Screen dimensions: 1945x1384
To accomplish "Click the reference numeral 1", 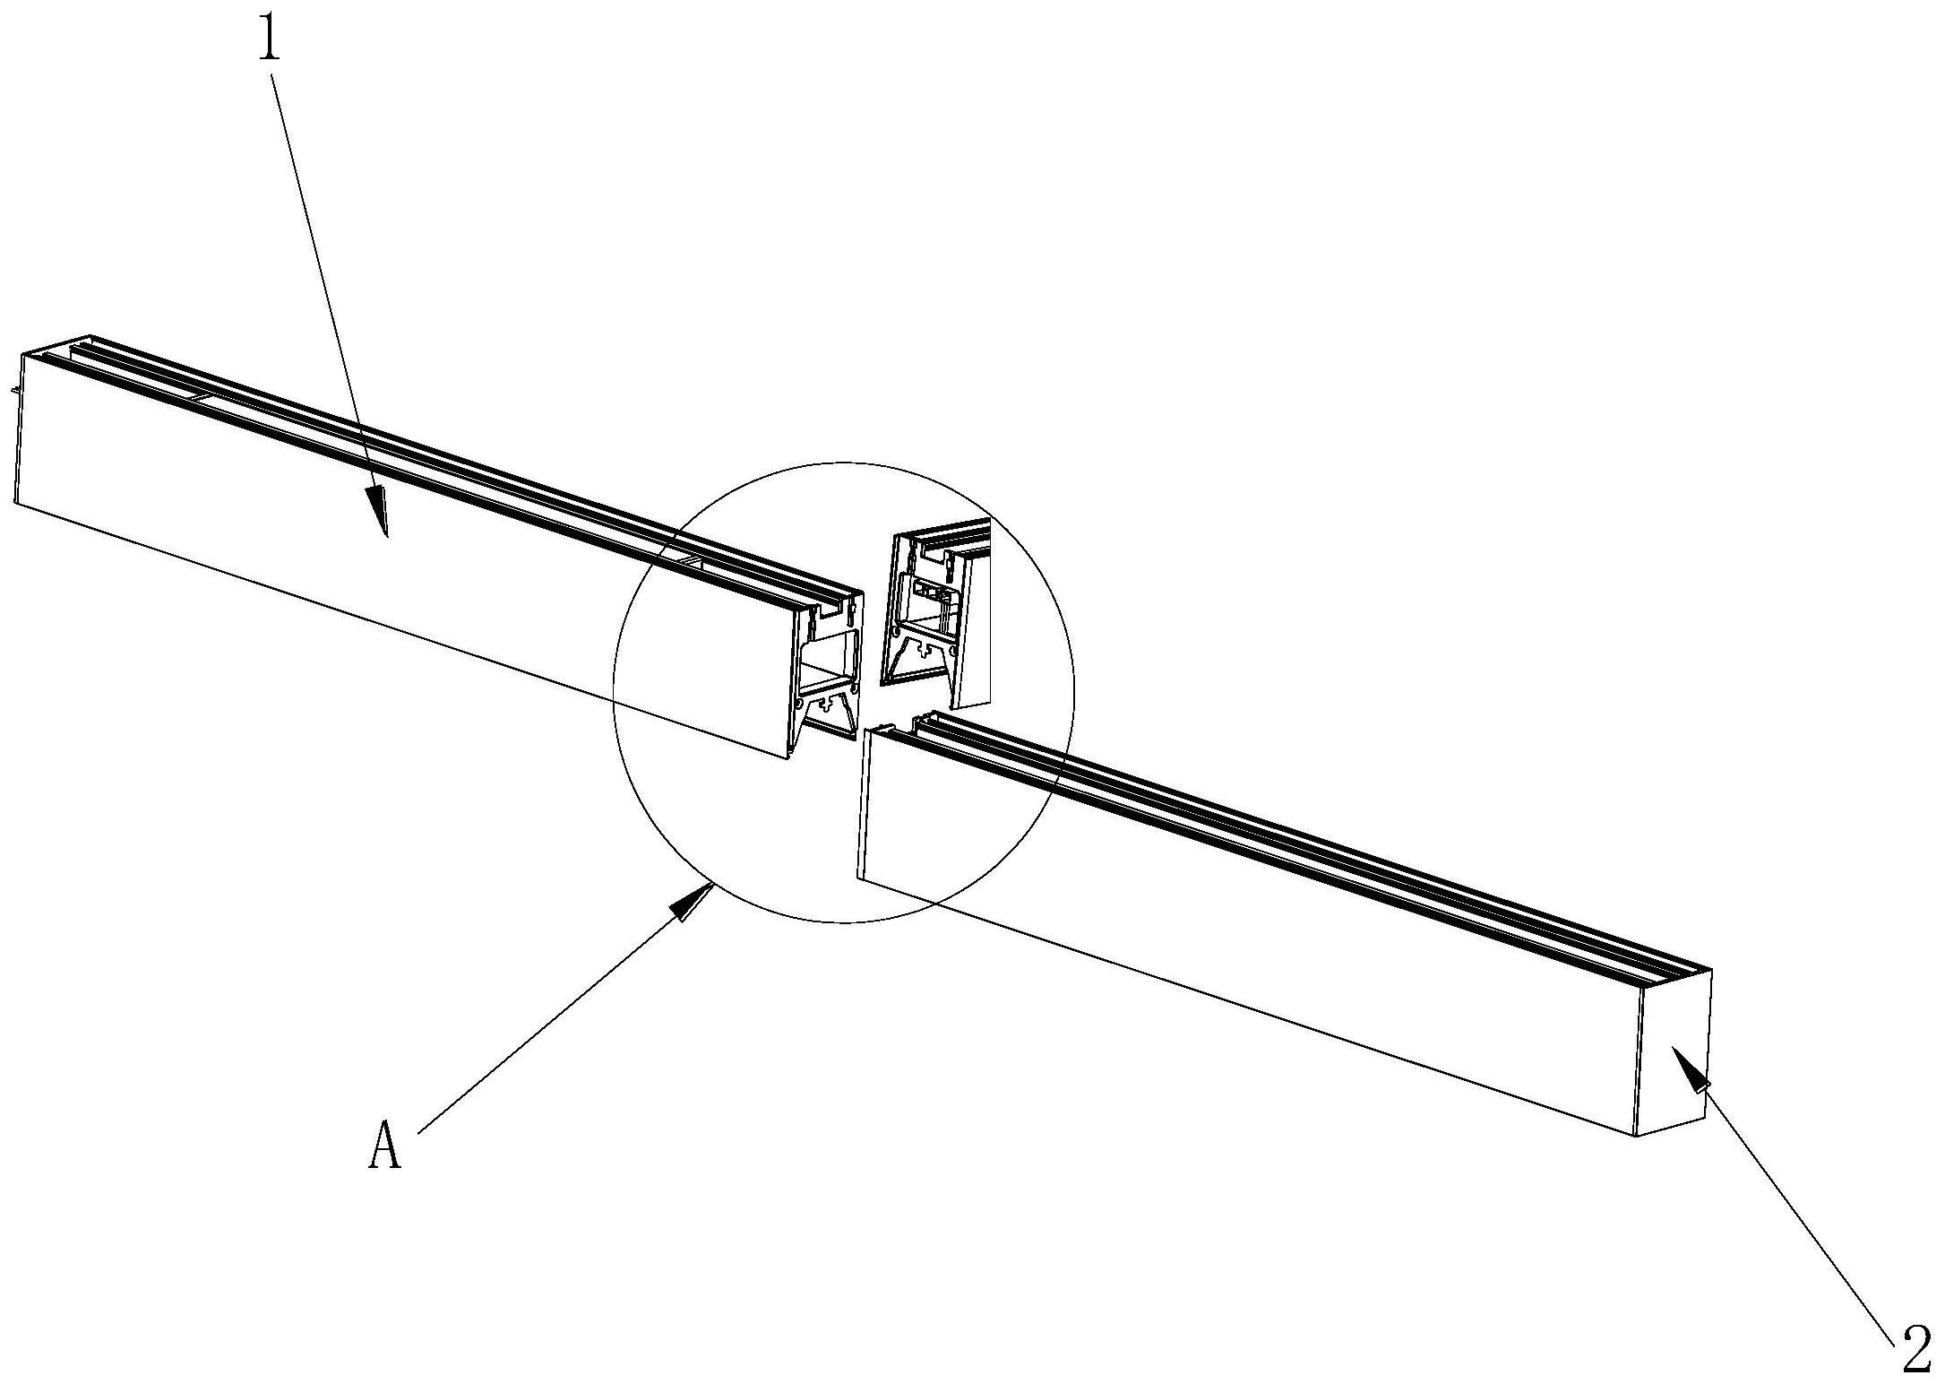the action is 270,32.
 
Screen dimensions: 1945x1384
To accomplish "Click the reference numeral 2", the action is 1915,1354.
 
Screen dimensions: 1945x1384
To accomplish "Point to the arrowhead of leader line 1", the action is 380,512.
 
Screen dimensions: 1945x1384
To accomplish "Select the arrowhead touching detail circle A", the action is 693,902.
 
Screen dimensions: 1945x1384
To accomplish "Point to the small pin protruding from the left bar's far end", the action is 13,392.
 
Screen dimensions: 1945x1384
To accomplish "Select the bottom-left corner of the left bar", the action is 15,503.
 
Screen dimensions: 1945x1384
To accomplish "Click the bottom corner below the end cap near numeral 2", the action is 1637,1137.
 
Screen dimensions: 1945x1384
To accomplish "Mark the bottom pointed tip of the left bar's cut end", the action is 787,758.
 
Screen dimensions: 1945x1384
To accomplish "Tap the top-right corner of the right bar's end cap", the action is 1711,970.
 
